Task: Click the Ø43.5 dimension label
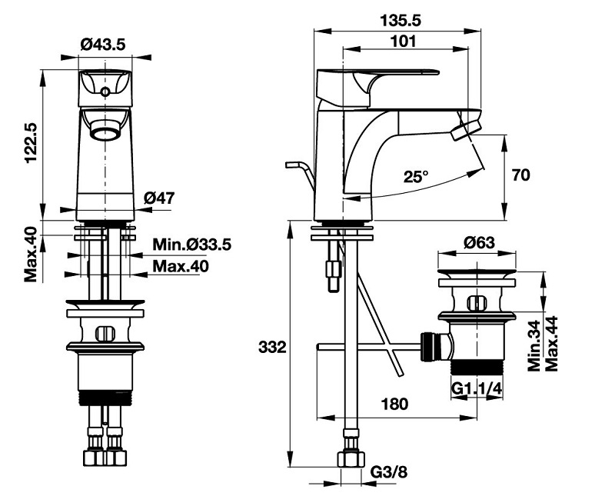tap(103, 44)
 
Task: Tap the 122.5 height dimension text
tap(31, 142)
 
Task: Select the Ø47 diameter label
tap(159, 198)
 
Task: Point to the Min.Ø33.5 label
tap(191, 245)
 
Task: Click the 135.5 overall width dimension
tap(400, 21)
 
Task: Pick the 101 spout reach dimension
tap(404, 41)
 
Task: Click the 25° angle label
tap(416, 177)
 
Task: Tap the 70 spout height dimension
tap(521, 175)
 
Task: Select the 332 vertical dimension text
tap(272, 348)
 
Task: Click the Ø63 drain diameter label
tap(479, 243)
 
